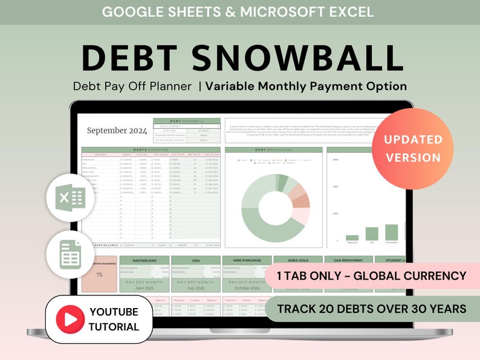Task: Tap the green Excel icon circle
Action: (x=70, y=198)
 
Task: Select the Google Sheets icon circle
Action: (x=70, y=254)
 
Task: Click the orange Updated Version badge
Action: (x=412, y=149)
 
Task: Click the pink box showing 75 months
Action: (x=99, y=275)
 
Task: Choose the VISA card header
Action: (x=195, y=260)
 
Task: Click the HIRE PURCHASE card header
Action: (x=247, y=260)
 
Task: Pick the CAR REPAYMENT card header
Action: (x=349, y=260)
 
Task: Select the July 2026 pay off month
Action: (x=195, y=289)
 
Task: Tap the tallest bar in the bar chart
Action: (x=392, y=232)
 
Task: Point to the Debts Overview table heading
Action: (x=151, y=149)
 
